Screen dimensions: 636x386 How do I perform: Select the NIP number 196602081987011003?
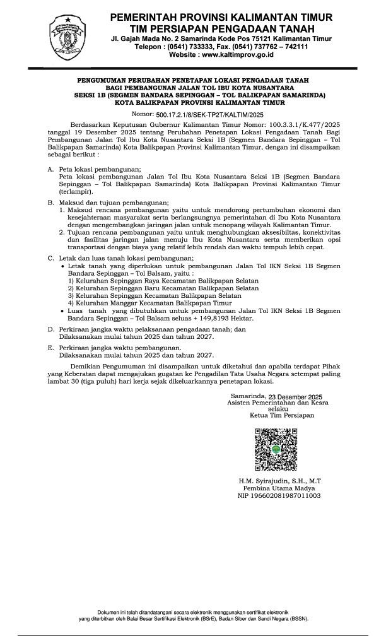point(272,496)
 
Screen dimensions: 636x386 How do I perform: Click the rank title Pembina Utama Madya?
point(272,488)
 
